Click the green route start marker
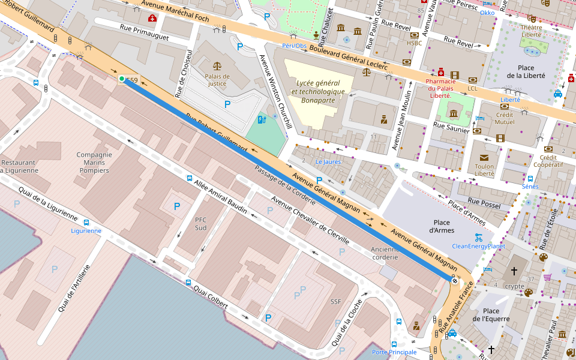(x=122, y=79)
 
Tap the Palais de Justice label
(x=217, y=80)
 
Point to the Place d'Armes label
(x=442, y=226)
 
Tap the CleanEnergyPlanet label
(x=478, y=246)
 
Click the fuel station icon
(x=261, y=120)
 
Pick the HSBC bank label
(x=414, y=43)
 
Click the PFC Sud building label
(x=200, y=224)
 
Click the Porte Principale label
(x=394, y=352)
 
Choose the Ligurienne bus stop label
(x=86, y=230)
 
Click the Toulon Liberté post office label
(x=484, y=170)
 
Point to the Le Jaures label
(x=328, y=162)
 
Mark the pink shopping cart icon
(x=547, y=277)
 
